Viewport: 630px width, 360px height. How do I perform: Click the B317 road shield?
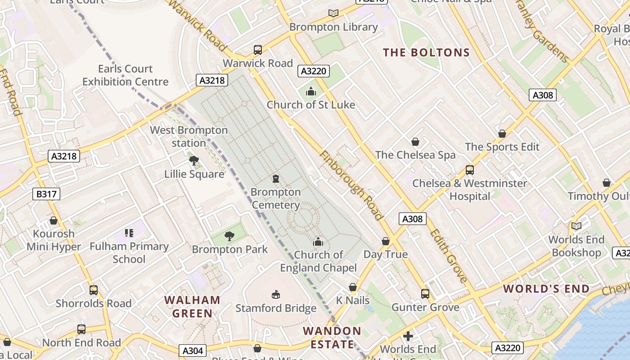(46, 194)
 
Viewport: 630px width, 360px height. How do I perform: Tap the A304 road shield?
(193, 351)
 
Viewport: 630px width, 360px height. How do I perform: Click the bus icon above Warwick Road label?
(258, 50)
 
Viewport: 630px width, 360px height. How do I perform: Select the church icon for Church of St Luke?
(310, 92)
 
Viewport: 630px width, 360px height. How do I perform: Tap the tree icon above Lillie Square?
(194, 161)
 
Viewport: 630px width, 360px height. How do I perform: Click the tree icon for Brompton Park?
(229, 236)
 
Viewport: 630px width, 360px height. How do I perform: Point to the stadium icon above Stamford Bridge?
(276, 295)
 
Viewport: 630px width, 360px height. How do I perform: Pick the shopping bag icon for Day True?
(386, 241)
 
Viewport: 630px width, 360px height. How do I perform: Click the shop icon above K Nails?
(353, 287)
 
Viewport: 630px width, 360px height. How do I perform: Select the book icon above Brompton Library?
(333, 13)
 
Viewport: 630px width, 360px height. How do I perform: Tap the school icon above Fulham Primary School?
(129, 233)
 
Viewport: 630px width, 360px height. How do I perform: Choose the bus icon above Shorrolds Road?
(94, 290)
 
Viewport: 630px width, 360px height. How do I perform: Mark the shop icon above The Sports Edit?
(502, 134)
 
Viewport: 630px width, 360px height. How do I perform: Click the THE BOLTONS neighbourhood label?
(426, 53)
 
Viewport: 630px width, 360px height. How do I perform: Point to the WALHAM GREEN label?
(192, 306)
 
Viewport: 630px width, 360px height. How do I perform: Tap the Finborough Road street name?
(351, 185)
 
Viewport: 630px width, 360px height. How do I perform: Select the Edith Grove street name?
(449, 256)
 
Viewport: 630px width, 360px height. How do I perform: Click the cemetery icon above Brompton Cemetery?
(276, 179)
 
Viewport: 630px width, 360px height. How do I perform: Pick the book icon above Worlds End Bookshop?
(576, 226)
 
